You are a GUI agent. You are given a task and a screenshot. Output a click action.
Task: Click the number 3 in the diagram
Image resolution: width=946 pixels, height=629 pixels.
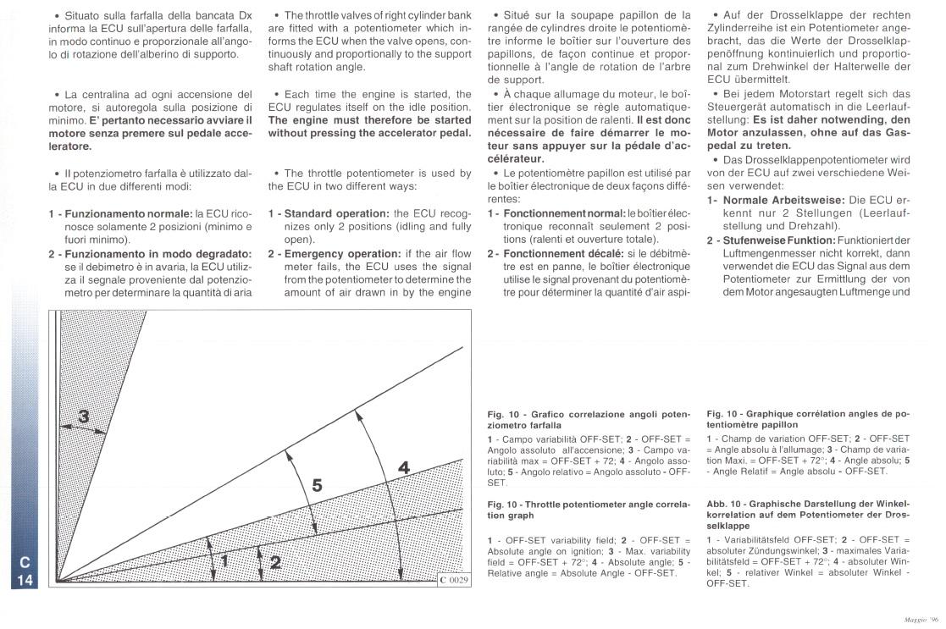(x=83, y=416)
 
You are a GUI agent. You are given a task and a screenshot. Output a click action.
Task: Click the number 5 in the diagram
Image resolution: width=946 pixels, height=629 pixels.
(x=316, y=485)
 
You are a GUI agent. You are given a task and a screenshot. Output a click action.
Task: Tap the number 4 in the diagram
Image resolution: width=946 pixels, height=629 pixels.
(x=404, y=466)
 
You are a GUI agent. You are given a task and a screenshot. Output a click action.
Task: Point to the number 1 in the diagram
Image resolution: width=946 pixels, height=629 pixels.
(x=225, y=560)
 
